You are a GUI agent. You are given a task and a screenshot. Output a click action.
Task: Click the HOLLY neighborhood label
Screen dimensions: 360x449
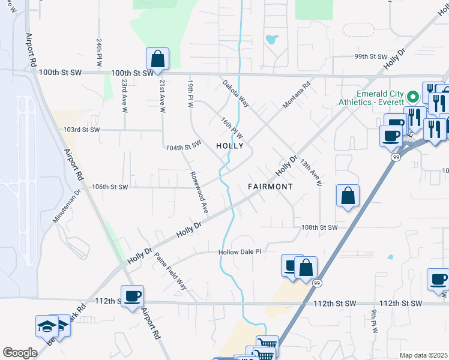(x=229, y=146)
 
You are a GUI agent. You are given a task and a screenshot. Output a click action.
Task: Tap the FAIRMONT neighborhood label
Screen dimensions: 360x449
(x=270, y=187)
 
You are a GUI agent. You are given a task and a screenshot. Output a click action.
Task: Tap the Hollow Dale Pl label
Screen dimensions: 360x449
(x=240, y=253)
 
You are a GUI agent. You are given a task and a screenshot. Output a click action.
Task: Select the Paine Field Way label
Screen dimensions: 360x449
(x=170, y=271)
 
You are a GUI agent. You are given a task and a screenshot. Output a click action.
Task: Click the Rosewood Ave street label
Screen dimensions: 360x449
(x=199, y=193)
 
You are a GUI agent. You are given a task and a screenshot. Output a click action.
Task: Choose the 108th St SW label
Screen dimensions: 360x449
(x=319, y=228)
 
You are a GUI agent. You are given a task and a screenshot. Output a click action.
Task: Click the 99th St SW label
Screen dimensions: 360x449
(x=370, y=56)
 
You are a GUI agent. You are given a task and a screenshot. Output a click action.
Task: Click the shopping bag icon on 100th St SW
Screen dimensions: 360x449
(x=157, y=59)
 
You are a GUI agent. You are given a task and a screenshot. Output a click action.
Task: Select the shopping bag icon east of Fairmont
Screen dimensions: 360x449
(x=348, y=196)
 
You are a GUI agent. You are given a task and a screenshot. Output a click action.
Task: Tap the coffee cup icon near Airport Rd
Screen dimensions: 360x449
(x=132, y=296)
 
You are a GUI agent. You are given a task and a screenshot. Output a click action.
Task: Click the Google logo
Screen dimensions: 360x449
(x=20, y=353)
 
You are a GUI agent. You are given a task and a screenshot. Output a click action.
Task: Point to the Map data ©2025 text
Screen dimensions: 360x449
(x=423, y=355)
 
